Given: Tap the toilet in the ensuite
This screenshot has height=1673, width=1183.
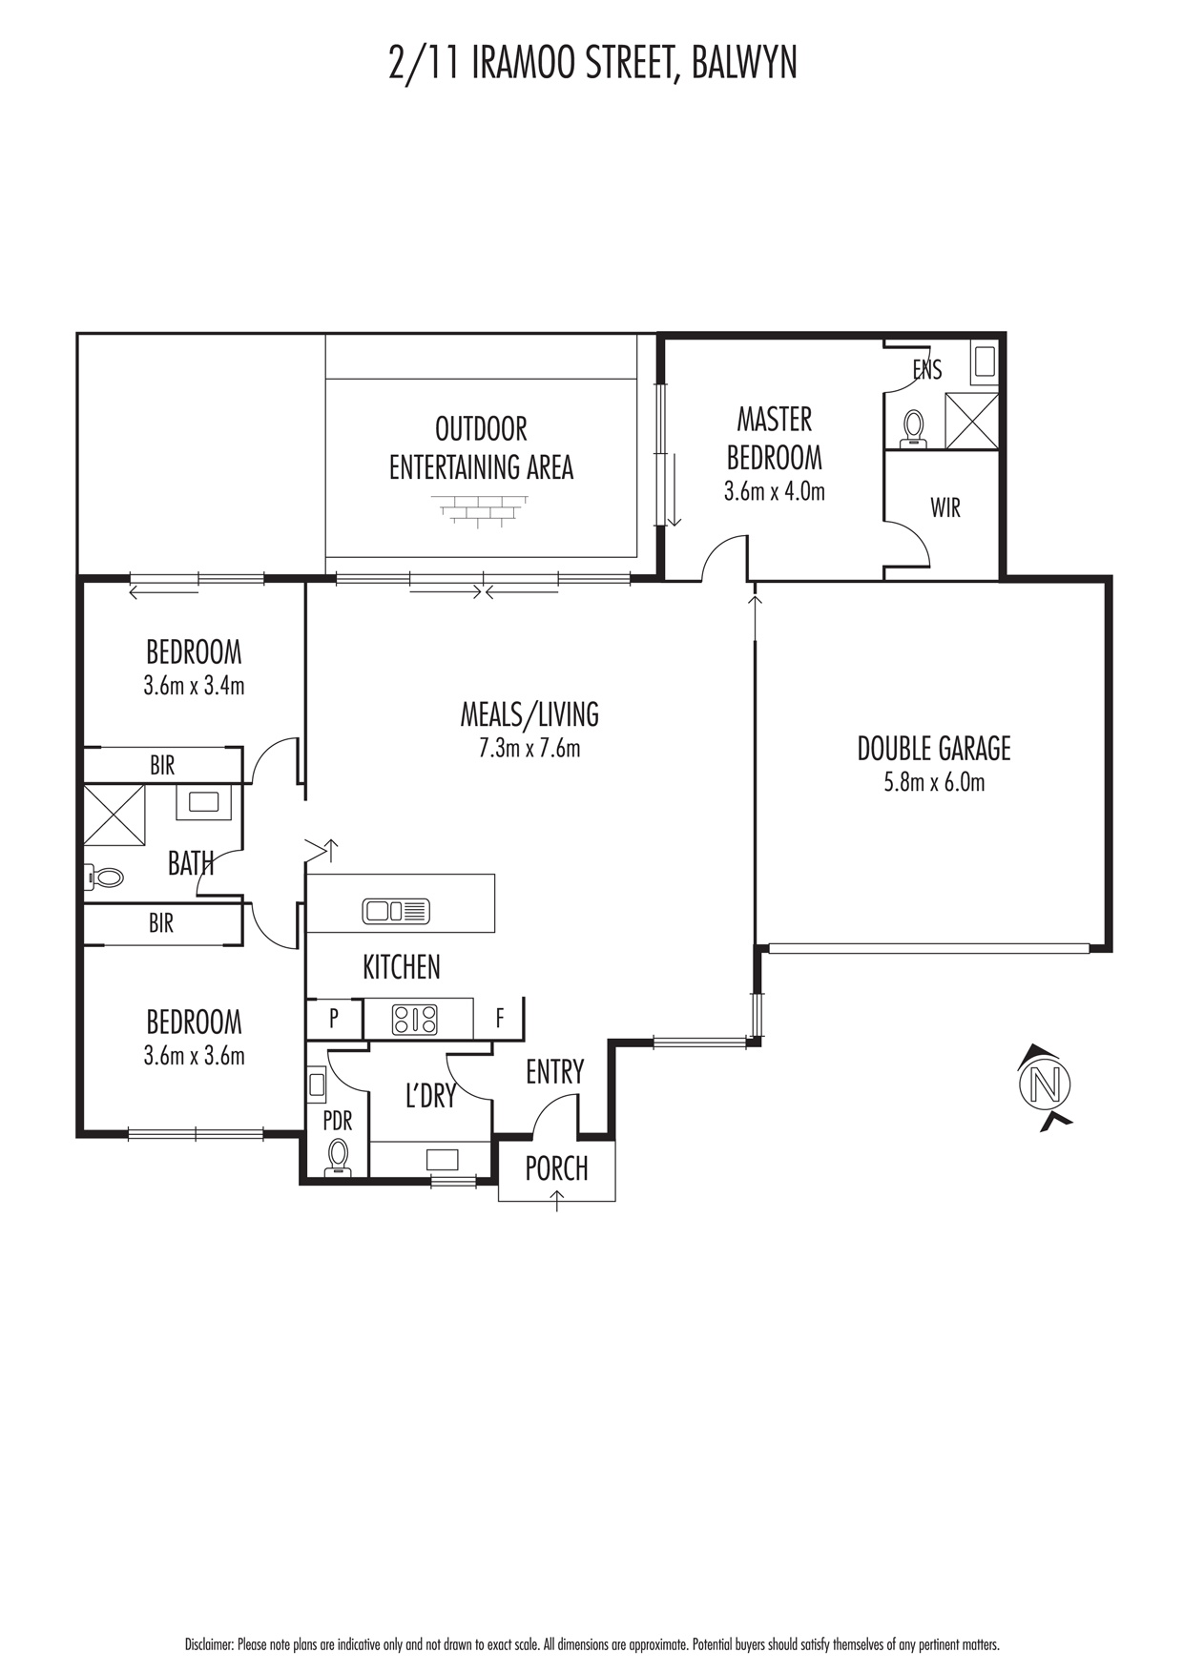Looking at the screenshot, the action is coord(915,428).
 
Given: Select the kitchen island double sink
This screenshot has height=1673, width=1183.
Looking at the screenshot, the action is coord(396,911).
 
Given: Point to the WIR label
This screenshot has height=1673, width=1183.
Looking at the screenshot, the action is coord(945,507).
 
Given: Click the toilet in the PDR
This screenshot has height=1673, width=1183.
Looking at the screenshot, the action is coord(337,1157).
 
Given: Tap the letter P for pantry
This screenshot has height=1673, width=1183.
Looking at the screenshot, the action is coord(334,1019).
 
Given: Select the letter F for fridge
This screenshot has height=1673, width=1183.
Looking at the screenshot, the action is coord(500,1019).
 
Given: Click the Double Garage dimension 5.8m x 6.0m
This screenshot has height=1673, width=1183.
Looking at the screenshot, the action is coord(934,783).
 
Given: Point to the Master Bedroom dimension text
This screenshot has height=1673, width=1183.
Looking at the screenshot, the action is coord(775,492).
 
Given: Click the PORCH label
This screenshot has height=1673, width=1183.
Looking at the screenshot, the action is coord(557,1168).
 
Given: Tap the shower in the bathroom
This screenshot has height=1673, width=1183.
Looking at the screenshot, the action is coord(114,815).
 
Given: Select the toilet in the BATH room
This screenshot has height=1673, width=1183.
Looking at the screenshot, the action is coord(104,878).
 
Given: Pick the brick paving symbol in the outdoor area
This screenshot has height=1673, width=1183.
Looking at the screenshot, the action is coord(481,510).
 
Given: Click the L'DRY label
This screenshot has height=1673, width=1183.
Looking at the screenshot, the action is coord(430,1096).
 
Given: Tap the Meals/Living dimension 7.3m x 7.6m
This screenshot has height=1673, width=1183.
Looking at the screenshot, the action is coord(529,749).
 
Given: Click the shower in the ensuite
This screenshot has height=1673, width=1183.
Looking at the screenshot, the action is coord(971,419).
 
